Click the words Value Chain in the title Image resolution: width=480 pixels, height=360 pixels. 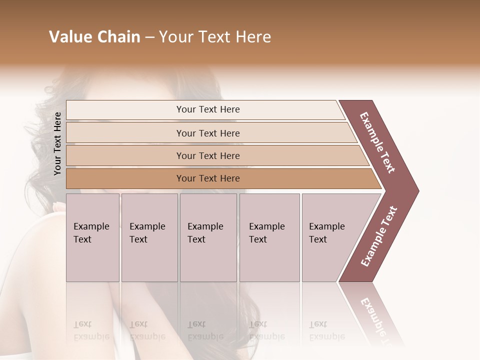click(x=94, y=37)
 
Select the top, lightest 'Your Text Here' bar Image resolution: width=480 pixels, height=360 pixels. click(x=207, y=109)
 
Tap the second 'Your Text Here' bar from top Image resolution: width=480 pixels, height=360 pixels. click(x=207, y=133)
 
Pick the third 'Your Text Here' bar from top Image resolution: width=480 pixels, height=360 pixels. click(x=207, y=155)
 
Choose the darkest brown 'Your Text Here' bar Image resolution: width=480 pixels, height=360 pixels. click(x=207, y=178)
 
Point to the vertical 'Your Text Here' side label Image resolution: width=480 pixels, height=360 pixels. click(x=57, y=143)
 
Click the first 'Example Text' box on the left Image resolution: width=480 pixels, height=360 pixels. click(x=92, y=237)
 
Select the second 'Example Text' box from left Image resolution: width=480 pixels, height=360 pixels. click(x=149, y=237)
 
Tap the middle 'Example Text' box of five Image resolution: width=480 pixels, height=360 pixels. click(x=208, y=237)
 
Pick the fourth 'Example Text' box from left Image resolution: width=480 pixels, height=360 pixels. click(x=269, y=237)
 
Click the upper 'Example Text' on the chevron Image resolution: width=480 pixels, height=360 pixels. click(x=377, y=142)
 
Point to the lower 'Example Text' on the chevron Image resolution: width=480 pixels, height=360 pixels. click(x=379, y=236)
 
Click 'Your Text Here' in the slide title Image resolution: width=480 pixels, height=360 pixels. click(x=215, y=37)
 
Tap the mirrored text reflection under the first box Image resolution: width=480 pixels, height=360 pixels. click(x=91, y=330)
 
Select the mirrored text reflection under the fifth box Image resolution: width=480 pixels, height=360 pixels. click(x=326, y=330)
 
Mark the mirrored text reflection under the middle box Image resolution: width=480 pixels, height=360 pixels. click(x=205, y=330)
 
